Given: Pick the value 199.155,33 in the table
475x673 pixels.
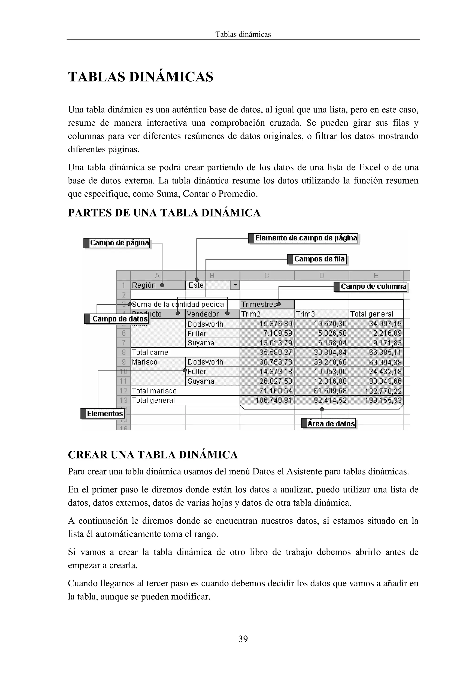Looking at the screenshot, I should pyautogui.click(x=383, y=401).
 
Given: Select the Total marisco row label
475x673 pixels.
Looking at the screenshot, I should pyautogui.click(x=154, y=391).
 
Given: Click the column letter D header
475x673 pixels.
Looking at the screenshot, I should pyautogui.click(x=322, y=276).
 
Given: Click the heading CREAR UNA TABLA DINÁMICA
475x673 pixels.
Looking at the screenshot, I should pyautogui.click(x=153, y=455).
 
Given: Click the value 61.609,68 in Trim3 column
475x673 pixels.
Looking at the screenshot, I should pyautogui.click(x=330, y=391).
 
